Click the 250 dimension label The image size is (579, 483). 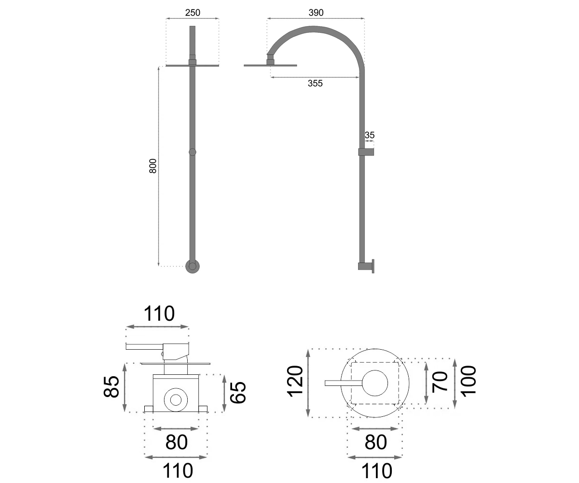[193, 13]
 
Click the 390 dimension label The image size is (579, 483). [316, 13]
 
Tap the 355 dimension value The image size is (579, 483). [315, 83]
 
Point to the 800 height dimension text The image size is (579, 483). [153, 166]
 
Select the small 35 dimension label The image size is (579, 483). [370, 135]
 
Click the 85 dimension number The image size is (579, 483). [111, 387]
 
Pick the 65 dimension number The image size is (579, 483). [238, 392]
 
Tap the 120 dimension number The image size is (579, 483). [295, 382]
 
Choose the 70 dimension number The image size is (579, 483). [440, 382]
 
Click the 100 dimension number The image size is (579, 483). [469, 380]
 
